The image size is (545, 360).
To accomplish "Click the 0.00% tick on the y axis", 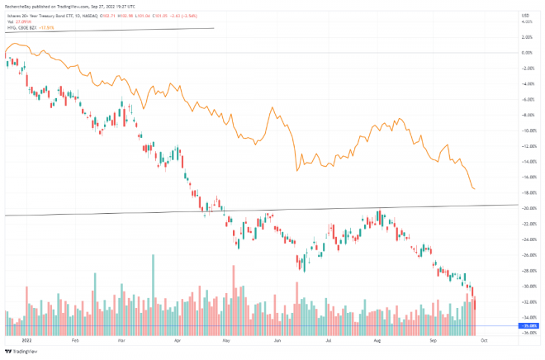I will pos(526,52).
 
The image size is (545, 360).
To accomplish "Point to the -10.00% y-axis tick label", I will pos(525,130).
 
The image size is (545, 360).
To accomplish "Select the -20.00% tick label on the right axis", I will pos(525,208).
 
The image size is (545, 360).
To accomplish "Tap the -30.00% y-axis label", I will pos(525,286).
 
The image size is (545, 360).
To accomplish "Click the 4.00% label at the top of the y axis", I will pos(526,21).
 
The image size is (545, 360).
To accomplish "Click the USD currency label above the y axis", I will pos(525,13).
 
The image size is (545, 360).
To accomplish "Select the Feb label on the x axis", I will pos(75,339).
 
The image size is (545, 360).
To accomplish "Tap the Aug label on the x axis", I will pos(378,339).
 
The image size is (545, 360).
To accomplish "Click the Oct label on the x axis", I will pos(484,339).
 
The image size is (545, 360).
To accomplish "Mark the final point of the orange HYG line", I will pos(475,189).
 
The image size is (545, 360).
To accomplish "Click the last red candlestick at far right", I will pos(476,303).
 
